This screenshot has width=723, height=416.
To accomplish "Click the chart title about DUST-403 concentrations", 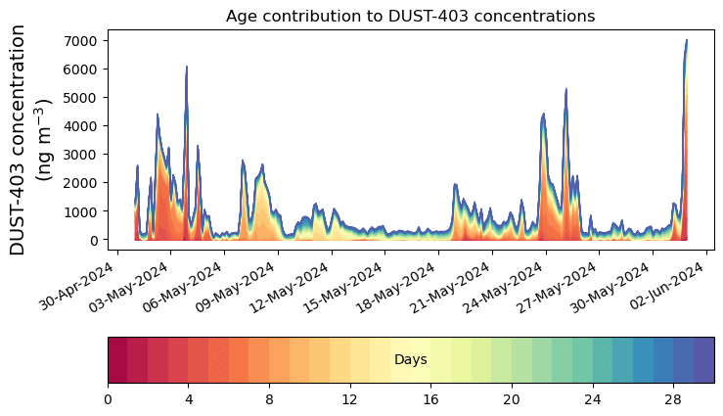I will [410, 16].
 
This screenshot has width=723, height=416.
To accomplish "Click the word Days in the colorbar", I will [410, 360].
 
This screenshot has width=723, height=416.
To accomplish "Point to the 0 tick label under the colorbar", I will [108, 399].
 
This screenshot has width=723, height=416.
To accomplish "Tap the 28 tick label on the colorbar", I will [673, 399].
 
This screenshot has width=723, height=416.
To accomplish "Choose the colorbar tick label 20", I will [512, 399].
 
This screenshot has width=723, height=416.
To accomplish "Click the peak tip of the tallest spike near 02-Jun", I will [687, 40].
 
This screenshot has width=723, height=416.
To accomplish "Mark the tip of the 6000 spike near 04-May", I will [187, 67].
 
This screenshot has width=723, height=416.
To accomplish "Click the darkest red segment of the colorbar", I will [117, 360].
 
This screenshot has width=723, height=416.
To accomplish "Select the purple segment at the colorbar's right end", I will [703, 360].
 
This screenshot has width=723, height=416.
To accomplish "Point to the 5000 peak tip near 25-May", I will [565, 89].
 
